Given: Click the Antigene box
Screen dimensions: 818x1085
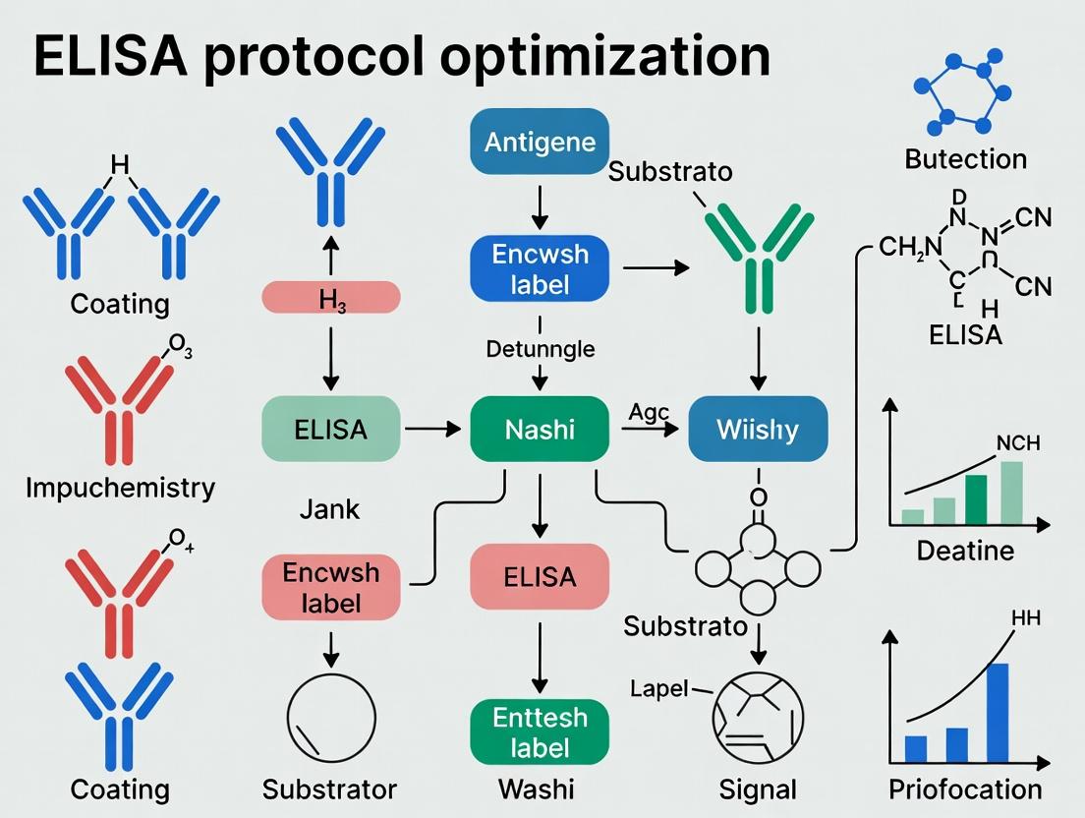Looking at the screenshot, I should point(540,142).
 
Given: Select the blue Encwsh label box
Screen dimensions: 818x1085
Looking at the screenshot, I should point(540,269).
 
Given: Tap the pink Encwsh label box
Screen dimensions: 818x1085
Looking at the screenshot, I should point(330,587).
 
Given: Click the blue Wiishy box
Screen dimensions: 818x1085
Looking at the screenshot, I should point(758,430).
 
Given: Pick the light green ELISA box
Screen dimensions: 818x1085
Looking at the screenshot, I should point(330,430).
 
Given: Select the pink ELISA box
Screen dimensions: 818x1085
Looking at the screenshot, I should point(540,575).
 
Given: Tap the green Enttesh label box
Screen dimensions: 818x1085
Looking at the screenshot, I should point(540,731).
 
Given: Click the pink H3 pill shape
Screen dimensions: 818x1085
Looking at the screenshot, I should point(330,297).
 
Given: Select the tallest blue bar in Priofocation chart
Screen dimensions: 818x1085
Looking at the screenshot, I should point(997,712).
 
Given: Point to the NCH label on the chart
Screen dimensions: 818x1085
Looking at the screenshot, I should point(1017,443).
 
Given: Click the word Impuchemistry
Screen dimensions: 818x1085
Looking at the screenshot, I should point(120,488).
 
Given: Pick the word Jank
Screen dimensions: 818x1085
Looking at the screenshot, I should point(329,509).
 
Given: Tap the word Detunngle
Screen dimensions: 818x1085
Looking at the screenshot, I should point(540,349).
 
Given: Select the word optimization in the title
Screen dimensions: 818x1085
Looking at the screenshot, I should point(605,56).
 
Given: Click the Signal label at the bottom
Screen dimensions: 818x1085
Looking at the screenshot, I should point(758,789).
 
